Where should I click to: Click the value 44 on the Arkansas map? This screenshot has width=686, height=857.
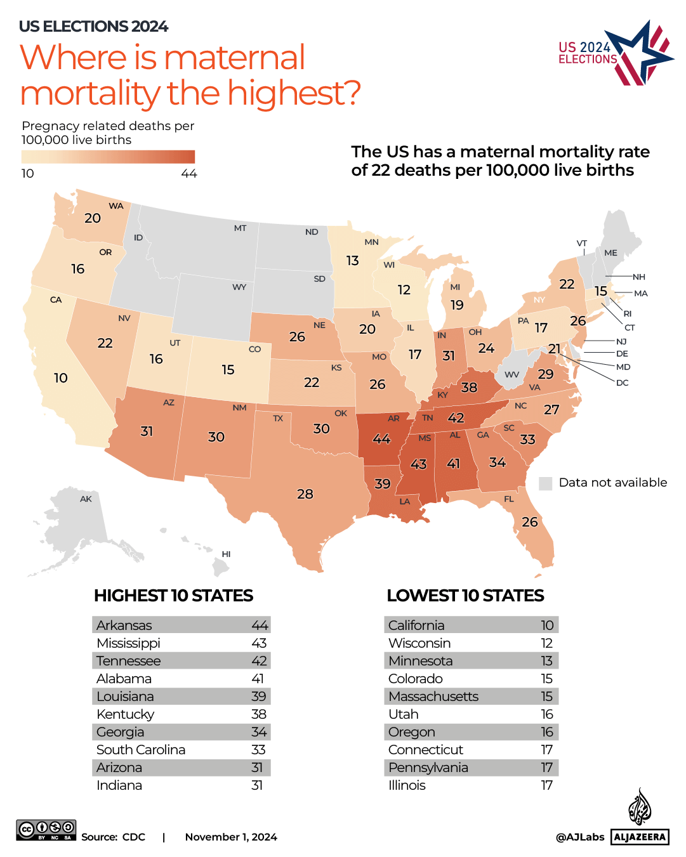pos(381,439)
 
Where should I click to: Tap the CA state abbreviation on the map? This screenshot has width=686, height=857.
pos(56,299)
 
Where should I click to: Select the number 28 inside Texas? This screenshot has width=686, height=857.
pos(305,494)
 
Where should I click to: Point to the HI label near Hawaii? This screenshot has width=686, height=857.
pos(226,554)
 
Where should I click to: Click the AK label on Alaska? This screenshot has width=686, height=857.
pos(86,499)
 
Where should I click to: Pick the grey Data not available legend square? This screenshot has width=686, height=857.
pos(545,483)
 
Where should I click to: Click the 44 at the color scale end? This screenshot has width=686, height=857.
pos(189,174)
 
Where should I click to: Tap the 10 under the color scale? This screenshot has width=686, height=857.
pos(28,174)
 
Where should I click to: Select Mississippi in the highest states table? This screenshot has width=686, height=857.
pos(128,643)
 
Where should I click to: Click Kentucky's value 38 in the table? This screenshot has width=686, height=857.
pos(259,714)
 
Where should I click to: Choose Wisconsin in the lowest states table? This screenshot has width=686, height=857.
pos(419,643)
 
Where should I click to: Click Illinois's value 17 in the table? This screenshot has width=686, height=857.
pos(546,785)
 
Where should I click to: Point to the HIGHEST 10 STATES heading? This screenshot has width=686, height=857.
pos(173,596)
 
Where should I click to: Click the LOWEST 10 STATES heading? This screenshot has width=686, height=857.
pos(465,596)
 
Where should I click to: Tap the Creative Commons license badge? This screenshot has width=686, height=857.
pos(46,830)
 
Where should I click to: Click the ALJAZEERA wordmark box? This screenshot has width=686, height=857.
pos(640,837)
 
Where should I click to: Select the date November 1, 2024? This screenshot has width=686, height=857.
pos(231,837)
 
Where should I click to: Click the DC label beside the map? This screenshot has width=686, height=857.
pos(622,383)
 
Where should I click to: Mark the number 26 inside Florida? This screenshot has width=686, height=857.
pos(530,522)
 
